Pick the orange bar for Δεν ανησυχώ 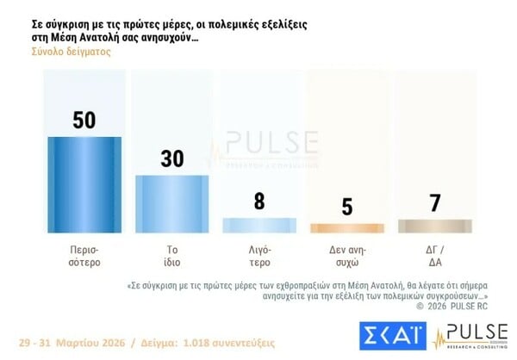pos(346,228)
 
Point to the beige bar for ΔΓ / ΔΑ pos(435,226)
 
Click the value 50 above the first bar pos(84,120)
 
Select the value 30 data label pos(172,159)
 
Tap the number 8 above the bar pos(258,202)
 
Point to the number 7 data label pos(435,203)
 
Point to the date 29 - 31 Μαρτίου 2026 pos(69,333)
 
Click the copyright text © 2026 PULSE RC pos(452,305)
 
